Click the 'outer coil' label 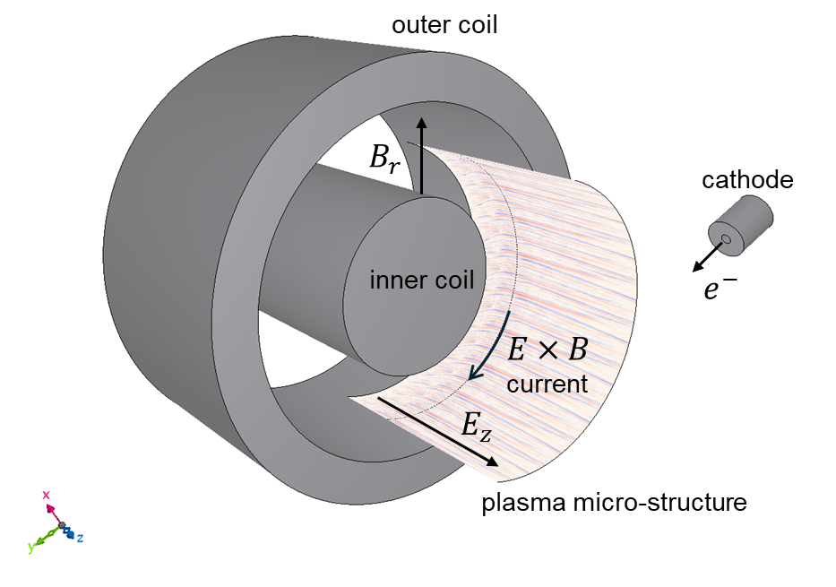444,25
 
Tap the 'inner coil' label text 421,280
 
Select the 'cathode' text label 747,180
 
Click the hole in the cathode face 726,240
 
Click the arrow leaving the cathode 704,258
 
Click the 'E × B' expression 548,350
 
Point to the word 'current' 547,384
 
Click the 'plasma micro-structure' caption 614,503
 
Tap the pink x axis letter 46,495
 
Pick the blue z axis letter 80,538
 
